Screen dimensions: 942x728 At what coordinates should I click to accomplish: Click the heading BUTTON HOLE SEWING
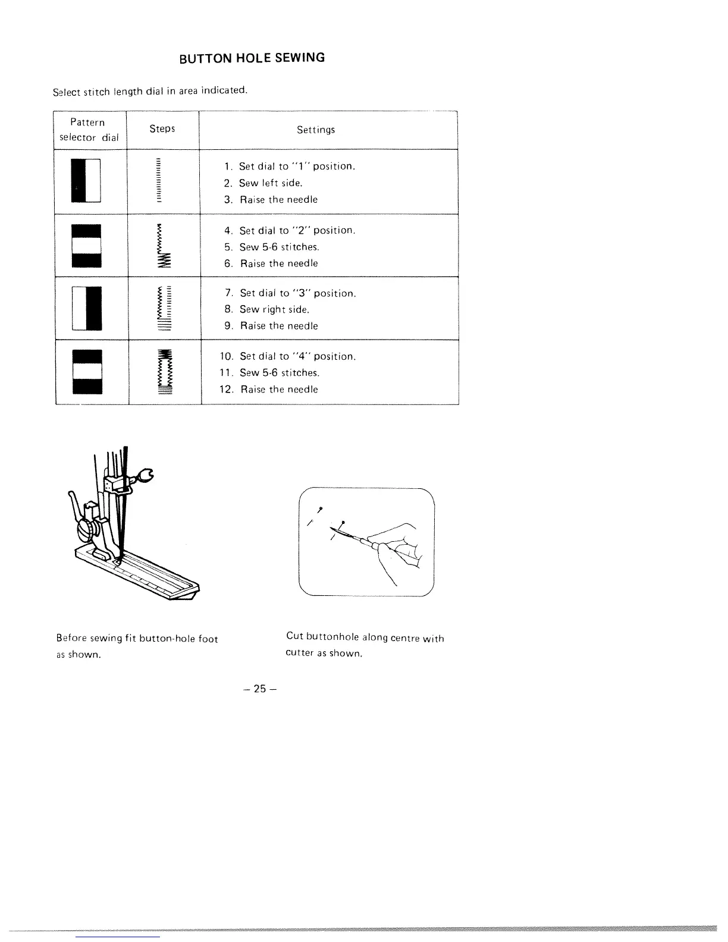click(252, 58)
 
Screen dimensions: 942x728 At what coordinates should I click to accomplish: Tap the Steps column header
click(162, 129)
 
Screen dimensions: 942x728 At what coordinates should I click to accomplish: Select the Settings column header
click(316, 130)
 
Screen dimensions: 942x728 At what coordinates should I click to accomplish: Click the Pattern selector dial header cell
click(88, 130)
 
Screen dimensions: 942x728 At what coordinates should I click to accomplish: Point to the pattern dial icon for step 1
click(86, 181)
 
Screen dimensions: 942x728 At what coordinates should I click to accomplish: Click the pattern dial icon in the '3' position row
click(86, 308)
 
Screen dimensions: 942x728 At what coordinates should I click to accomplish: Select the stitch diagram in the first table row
click(158, 181)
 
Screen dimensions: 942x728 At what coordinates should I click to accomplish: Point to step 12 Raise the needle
click(279, 390)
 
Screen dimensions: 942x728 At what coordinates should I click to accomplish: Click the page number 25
click(259, 689)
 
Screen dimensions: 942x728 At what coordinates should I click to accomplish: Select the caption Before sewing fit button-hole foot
click(137, 639)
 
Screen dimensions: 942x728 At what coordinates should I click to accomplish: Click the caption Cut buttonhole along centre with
click(365, 638)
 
